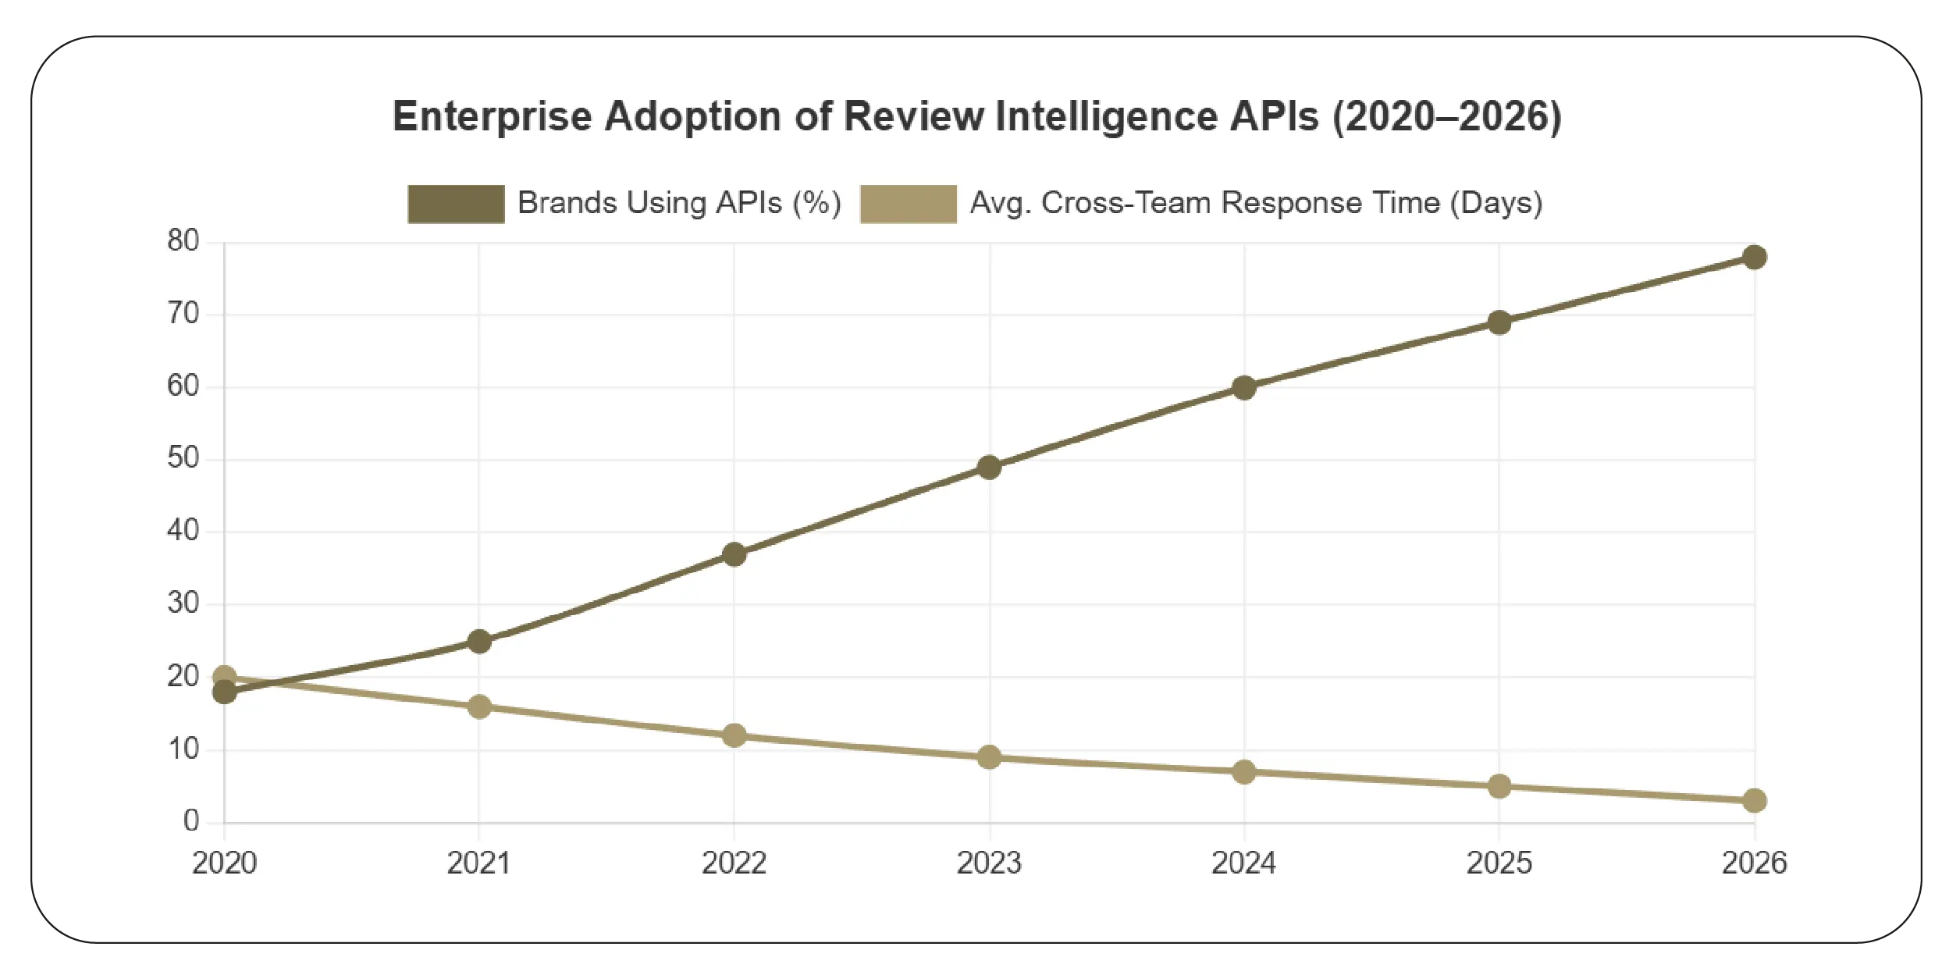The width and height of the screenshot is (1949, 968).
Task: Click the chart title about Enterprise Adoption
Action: pos(976,116)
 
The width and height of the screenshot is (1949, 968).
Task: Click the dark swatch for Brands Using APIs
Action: pos(456,204)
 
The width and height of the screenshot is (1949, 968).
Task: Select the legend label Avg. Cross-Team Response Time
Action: pos(1256,203)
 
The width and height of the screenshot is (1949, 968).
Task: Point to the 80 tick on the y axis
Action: pos(183,241)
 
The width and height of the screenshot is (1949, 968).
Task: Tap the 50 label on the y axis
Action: pos(183,458)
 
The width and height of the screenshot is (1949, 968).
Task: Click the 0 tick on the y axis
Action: pos(190,820)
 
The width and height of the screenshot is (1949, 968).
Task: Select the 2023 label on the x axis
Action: pos(989,863)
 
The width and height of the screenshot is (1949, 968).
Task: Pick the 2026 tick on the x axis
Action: pos(1754,863)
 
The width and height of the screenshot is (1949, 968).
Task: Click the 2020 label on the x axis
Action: pos(224,863)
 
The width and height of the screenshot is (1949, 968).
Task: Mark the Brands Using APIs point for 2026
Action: pos(1754,257)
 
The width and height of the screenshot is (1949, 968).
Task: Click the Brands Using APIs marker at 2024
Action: pos(1244,387)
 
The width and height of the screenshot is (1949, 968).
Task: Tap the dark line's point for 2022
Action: pos(734,554)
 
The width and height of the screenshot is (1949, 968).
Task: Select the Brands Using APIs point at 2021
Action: pos(479,642)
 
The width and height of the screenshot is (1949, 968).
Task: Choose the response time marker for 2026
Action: pos(1754,800)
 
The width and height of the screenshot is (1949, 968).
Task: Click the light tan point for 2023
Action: pos(989,756)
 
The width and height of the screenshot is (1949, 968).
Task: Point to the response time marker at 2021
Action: pos(479,706)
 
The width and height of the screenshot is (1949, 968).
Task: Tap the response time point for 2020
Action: pos(224,677)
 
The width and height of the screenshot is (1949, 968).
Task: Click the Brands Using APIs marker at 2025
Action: pos(1499,322)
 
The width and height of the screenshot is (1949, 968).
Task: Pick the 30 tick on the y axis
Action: pos(183,603)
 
